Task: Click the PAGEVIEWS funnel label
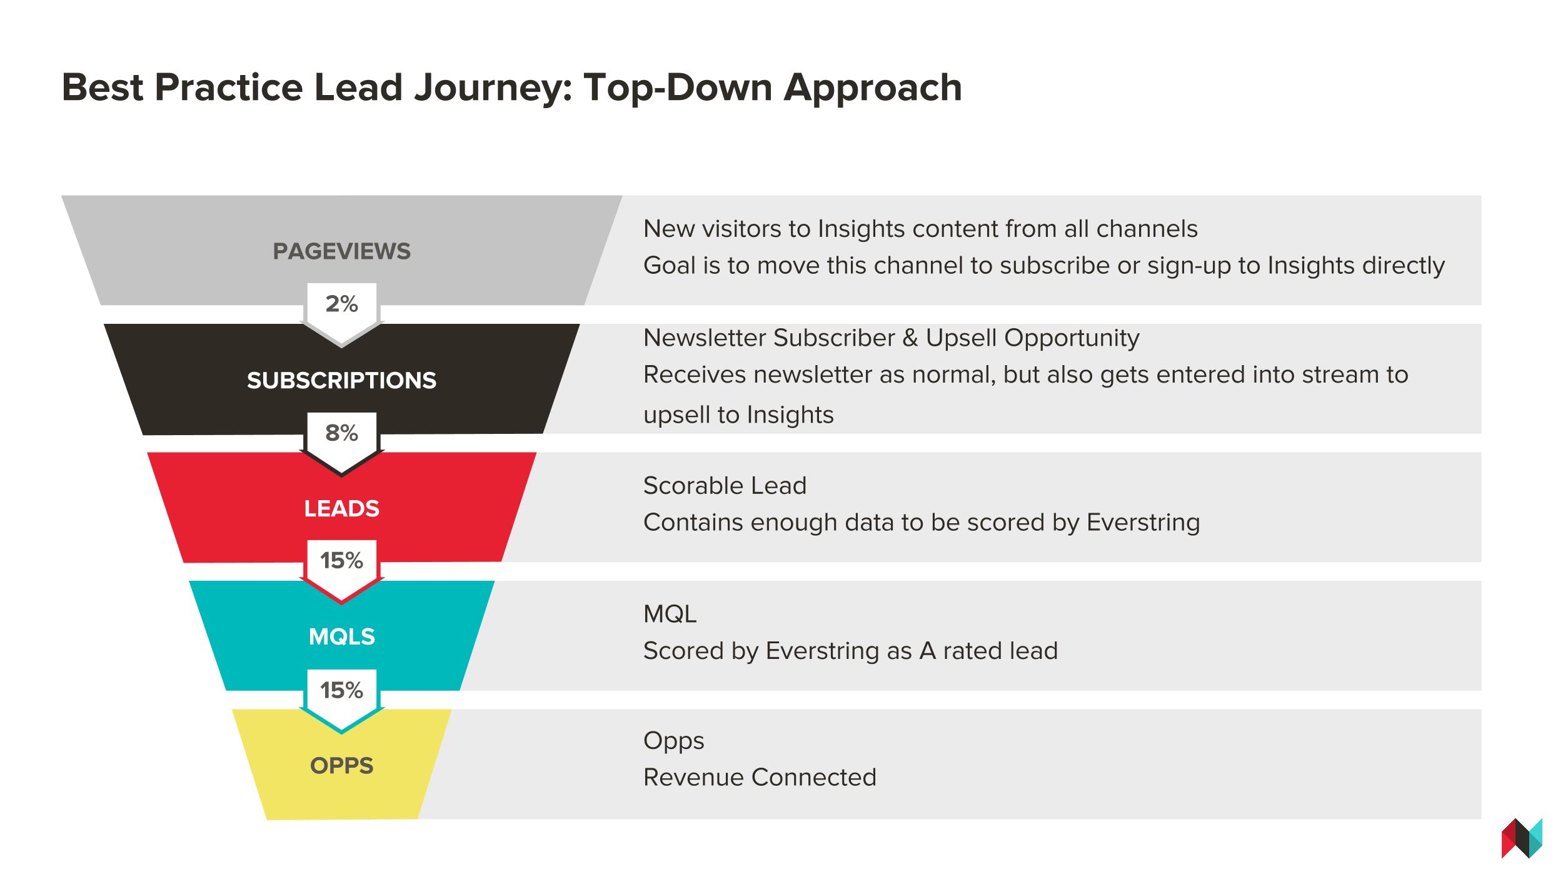342,251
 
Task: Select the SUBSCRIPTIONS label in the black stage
341,380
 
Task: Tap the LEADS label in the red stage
342,508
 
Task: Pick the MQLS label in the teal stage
342,636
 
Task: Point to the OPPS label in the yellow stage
342,765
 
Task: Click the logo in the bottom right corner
1522,838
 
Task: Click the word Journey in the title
493,88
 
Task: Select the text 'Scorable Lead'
725,486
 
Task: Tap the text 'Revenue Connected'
760,777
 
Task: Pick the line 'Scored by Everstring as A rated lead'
850,651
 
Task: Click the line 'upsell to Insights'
738,415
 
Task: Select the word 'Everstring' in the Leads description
1143,523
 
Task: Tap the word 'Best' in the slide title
103,87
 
